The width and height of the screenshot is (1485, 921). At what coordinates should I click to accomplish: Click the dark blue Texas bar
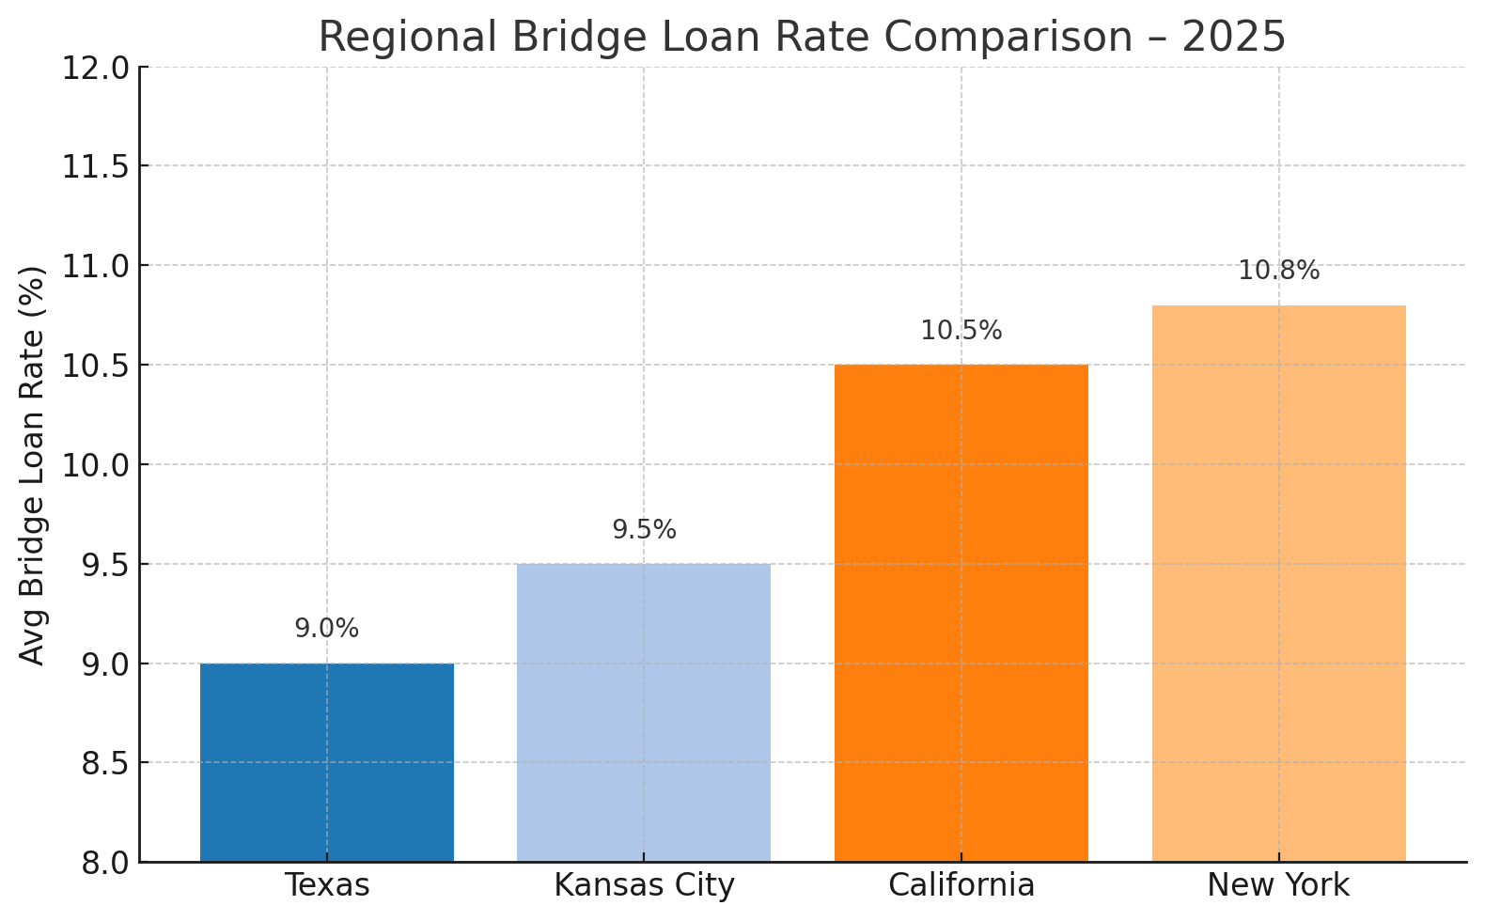[x=326, y=762]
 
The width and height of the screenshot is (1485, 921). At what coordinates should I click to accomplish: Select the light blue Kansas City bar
[x=644, y=712]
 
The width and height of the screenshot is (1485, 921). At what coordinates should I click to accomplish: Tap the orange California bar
[x=961, y=613]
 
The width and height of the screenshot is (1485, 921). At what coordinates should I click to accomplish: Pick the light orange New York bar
[x=1278, y=583]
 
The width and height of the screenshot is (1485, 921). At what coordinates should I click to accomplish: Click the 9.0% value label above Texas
[x=326, y=629]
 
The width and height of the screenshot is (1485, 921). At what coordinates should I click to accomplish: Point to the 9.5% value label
[x=644, y=530]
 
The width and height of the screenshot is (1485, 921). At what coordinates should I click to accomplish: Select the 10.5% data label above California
[x=961, y=331]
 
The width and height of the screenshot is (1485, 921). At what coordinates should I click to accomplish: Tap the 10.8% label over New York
[x=1278, y=271]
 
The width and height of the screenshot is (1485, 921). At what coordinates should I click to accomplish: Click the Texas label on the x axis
[x=326, y=885]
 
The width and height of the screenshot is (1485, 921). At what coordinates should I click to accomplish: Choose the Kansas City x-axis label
[x=644, y=885]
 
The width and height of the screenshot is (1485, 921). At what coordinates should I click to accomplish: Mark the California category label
[x=961, y=885]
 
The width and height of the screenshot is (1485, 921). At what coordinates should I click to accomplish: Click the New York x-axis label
[x=1278, y=885]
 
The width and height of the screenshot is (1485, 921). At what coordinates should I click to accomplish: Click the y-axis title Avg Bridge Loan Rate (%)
[x=33, y=464]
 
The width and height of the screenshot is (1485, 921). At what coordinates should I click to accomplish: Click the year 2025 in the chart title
[x=1233, y=38]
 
